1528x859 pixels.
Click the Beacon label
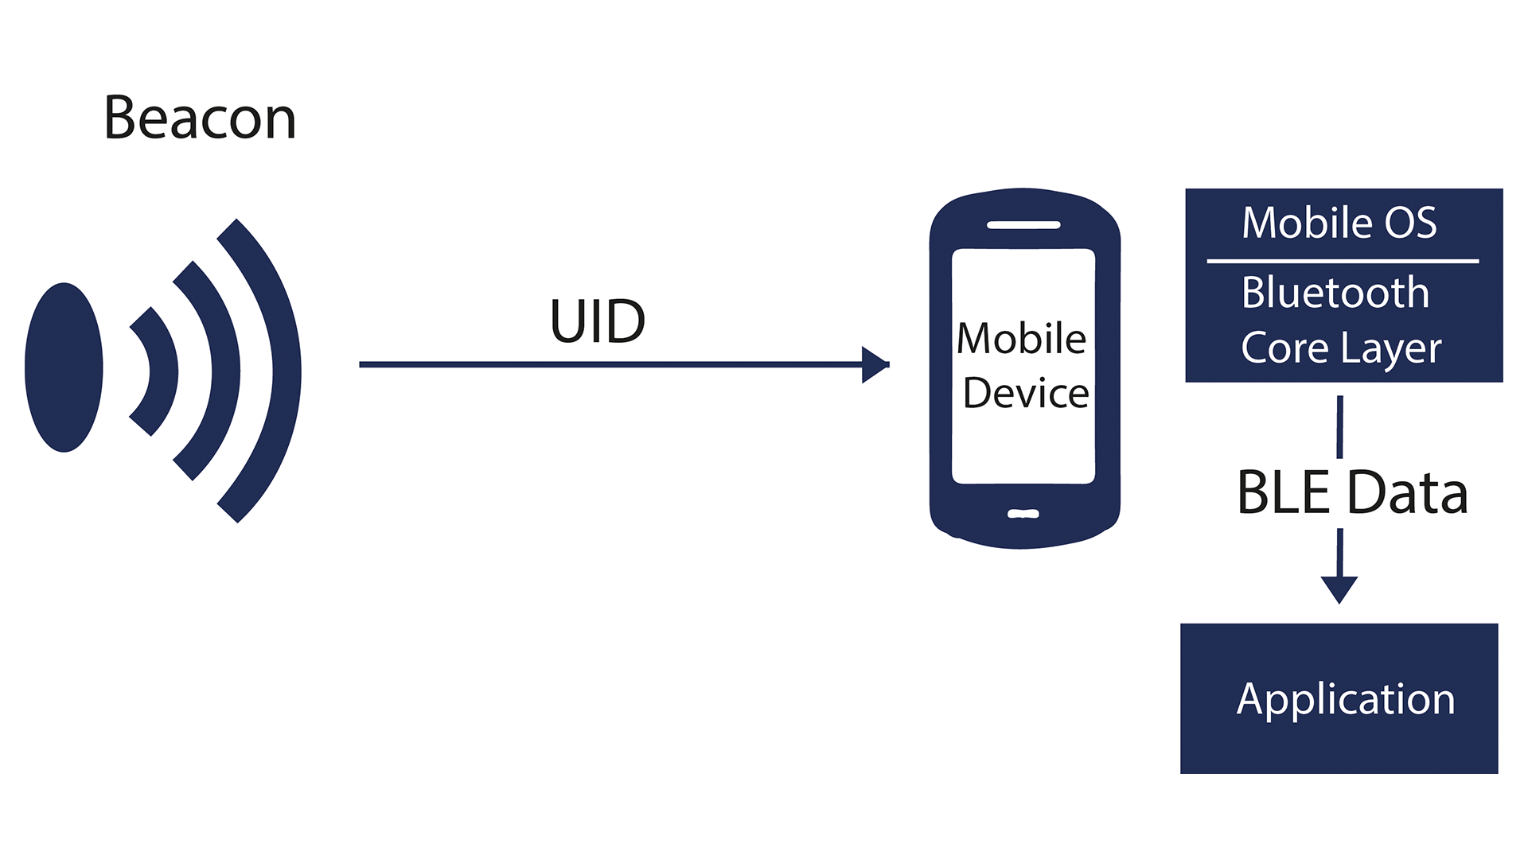(x=200, y=119)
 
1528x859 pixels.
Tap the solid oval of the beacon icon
(x=64, y=367)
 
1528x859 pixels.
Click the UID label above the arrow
(x=597, y=322)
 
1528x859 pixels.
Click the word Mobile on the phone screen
(x=1021, y=339)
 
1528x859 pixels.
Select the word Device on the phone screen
(x=1025, y=393)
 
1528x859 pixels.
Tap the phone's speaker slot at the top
(x=1023, y=225)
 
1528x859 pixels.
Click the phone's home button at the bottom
(x=1023, y=514)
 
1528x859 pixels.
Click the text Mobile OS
(x=1339, y=223)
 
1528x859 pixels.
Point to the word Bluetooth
(x=1335, y=293)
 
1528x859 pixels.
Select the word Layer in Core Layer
(x=1391, y=348)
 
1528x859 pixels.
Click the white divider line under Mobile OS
(x=1343, y=261)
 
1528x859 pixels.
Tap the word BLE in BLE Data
(x=1283, y=493)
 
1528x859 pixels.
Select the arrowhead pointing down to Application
(x=1339, y=589)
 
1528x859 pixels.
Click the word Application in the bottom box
(x=1346, y=699)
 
